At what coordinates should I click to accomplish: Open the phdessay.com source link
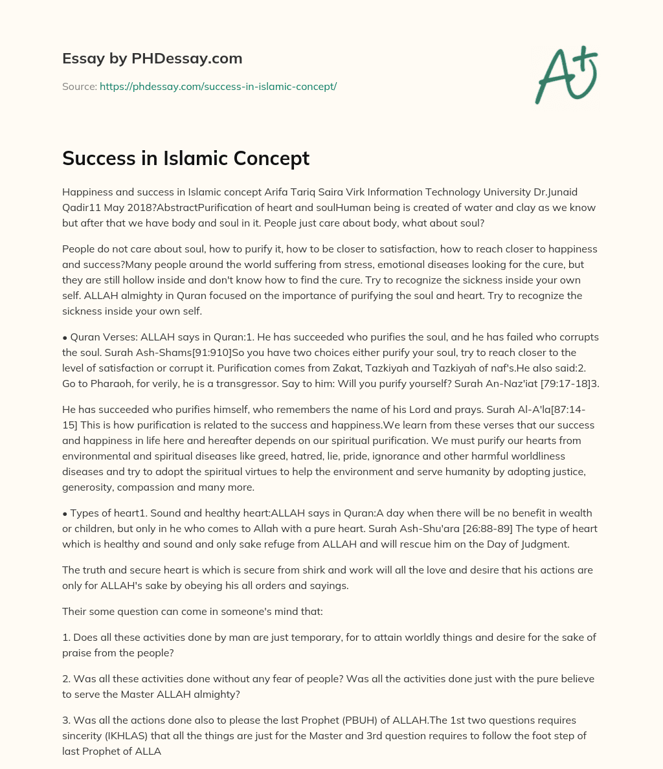coord(218,86)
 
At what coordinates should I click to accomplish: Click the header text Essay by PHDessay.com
coord(152,58)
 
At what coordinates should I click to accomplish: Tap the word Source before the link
coord(79,86)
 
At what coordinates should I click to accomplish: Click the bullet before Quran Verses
coord(65,337)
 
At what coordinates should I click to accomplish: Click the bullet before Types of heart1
coord(65,513)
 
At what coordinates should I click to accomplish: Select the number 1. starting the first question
coord(66,637)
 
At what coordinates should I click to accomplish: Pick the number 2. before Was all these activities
coord(66,678)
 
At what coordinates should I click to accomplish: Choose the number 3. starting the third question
coord(66,720)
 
